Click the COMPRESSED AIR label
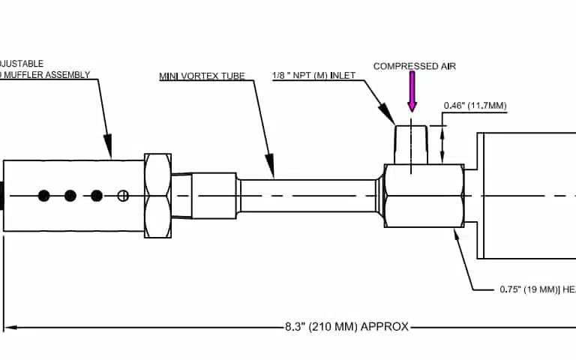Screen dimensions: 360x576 tap(414, 67)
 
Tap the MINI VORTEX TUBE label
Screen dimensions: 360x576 tap(202, 76)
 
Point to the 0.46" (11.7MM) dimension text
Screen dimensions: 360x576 tap(475, 106)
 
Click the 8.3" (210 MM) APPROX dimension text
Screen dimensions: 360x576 tap(346, 327)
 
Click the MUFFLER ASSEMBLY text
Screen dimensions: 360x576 tap(46, 75)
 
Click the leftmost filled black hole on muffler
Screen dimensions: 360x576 tap(43, 196)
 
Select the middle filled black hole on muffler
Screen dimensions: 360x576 tap(70, 196)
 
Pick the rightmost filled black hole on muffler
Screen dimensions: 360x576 tap(97, 196)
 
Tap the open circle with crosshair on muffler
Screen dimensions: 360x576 tap(123, 196)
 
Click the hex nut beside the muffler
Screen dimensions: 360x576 tap(157, 195)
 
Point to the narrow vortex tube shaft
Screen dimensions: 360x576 tap(307, 195)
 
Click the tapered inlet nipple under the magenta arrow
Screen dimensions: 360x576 tap(412, 144)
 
